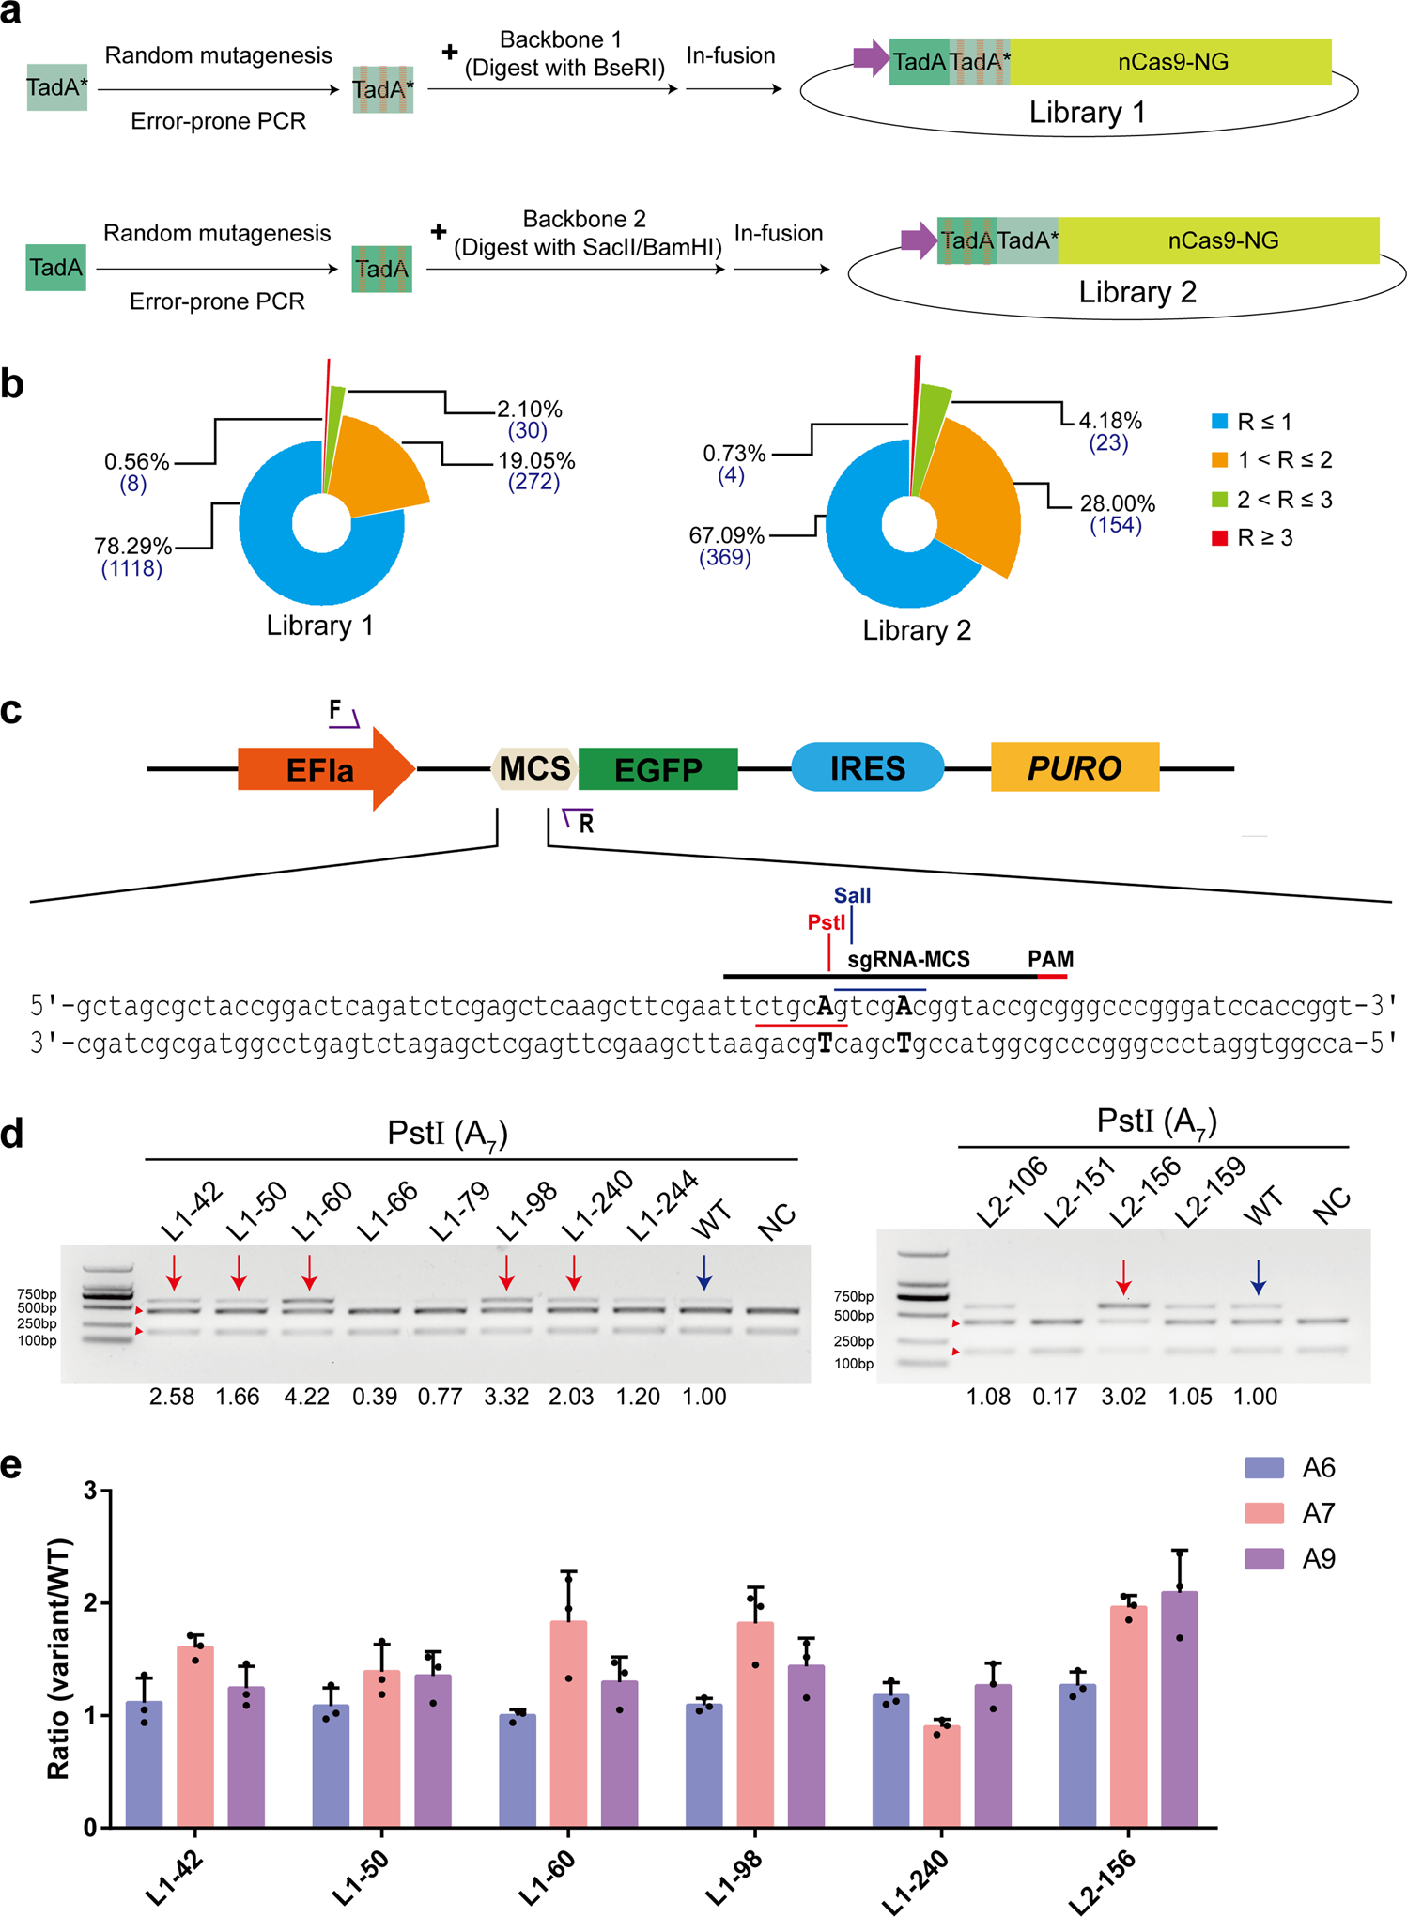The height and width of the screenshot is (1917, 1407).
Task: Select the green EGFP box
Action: pyautogui.click(x=657, y=769)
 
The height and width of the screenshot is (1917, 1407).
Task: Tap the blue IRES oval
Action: pyautogui.click(x=867, y=767)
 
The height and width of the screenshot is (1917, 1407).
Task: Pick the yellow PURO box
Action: pyautogui.click(x=1075, y=767)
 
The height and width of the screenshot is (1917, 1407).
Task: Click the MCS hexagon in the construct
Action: pyautogui.click(x=534, y=768)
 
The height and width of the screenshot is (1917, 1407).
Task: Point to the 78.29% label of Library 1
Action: pyautogui.click(x=132, y=546)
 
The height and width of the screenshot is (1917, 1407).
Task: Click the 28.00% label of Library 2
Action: pyautogui.click(x=1117, y=502)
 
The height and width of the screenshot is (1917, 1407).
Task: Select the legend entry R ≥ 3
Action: pyautogui.click(x=1264, y=538)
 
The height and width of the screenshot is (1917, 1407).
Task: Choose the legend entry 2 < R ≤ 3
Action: pyautogui.click(x=1283, y=500)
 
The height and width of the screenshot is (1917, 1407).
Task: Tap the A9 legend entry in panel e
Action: pyautogui.click(x=1318, y=1560)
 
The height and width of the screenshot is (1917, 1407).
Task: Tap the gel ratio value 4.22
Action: pyautogui.click(x=306, y=1397)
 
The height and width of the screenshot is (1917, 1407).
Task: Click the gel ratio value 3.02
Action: pyautogui.click(x=1123, y=1397)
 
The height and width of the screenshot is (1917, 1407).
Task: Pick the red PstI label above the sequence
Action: pyautogui.click(x=826, y=922)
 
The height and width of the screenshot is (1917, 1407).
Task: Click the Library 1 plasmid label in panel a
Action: pyautogui.click(x=1087, y=113)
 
